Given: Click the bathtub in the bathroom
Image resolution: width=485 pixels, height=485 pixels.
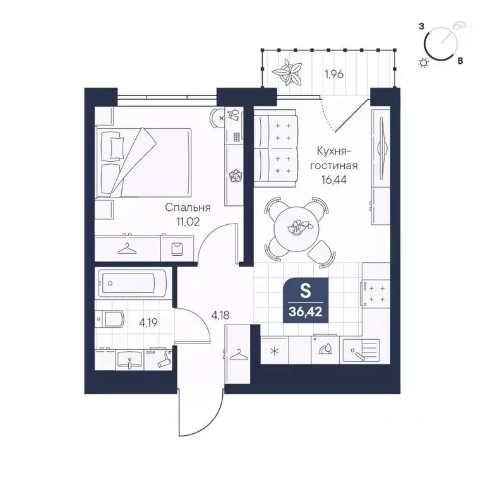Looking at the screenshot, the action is (132, 283).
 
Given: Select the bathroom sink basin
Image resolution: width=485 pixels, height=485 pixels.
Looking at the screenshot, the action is (129, 360).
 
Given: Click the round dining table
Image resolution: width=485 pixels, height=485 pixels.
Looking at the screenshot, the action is (296, 228).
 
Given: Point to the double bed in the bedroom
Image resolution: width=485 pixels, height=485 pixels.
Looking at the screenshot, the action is (143, 162).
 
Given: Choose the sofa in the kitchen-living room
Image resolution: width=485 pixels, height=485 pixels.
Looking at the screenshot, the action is (275, 149).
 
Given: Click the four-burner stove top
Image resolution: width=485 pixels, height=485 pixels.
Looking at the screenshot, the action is (376, 294).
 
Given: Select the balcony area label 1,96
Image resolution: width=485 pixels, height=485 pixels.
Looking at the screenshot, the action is (333, 75).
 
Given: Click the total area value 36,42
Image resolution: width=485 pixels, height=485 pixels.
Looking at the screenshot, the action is (306, 312).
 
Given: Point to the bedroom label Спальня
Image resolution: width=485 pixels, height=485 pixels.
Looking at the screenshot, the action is (188, 207).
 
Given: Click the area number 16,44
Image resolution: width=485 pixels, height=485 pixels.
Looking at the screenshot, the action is (333, 179).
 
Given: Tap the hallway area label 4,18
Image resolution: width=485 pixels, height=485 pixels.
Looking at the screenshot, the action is (220, 315).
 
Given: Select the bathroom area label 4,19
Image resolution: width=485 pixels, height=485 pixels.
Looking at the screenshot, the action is (148, 323).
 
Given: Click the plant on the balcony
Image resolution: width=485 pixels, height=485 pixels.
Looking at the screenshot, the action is (287, 72).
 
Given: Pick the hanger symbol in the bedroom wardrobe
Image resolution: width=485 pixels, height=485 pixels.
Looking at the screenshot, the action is (127, 248).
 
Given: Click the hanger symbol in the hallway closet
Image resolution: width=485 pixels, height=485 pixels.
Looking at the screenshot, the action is (239, 354).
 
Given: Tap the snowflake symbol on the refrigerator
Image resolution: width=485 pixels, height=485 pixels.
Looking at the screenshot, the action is (274, 351).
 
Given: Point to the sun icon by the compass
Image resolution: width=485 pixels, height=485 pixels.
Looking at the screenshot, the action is (424, 63).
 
